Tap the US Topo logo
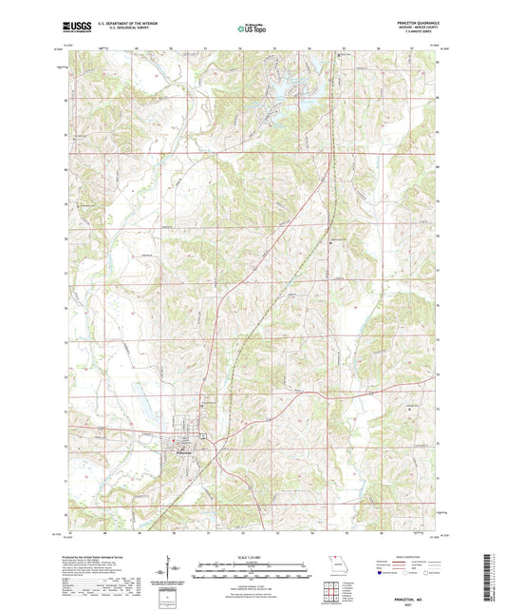pos(252,29)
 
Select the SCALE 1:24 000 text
pos(252,557)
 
